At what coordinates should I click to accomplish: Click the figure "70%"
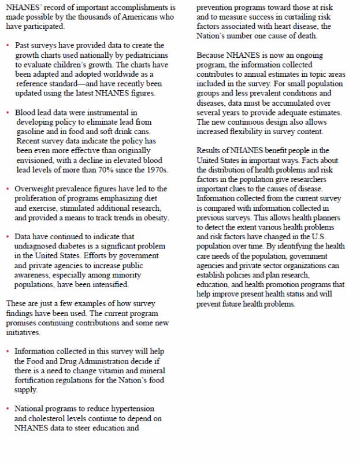pos(123,170)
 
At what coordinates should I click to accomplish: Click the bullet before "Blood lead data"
pos(8,113)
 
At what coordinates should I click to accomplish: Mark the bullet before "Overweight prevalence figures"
pos(8,189)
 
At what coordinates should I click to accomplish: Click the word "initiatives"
pos(23,332)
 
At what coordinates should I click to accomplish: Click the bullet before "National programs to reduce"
pos(8,409)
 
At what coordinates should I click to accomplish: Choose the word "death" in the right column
pos(305,36)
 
